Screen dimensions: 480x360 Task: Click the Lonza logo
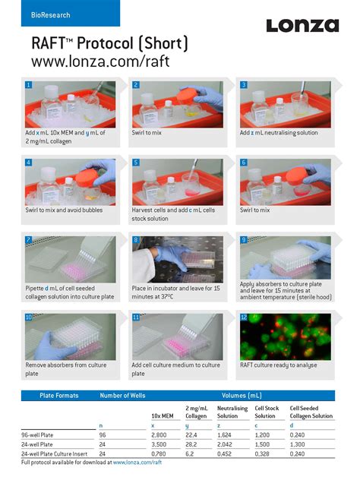(302, 26)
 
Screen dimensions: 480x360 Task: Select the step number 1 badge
(29, 85)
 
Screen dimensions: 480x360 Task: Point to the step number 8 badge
(136, 240)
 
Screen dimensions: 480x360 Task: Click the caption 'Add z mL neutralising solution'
(279, 133)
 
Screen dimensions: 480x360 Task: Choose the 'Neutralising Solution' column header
(232, 412)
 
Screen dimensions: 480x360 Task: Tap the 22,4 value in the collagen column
(191, 435)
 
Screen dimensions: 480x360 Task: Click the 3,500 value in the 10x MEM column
(159, 444)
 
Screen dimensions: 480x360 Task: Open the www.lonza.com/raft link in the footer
(137, 462)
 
